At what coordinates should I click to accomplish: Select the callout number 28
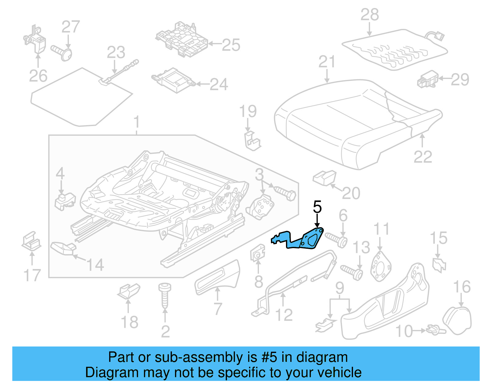370,14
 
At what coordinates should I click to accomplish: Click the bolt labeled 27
63,53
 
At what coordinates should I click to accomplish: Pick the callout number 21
327,62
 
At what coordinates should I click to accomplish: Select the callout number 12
284,315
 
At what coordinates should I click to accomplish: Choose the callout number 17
32,275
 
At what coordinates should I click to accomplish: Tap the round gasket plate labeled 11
381,266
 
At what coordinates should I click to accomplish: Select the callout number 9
339,288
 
